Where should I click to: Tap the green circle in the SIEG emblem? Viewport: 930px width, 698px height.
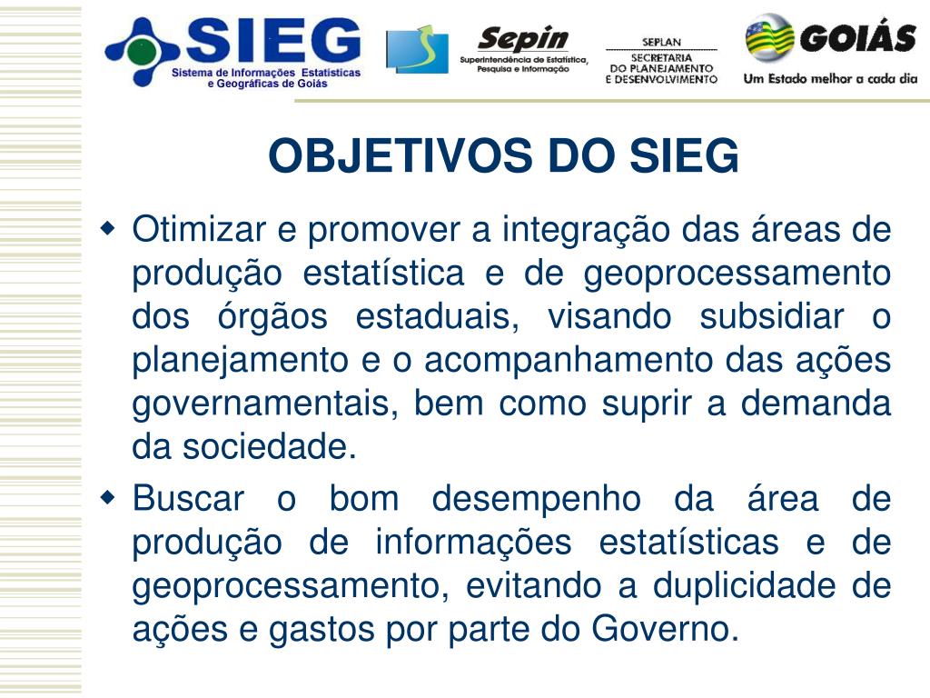(x=142, y=52)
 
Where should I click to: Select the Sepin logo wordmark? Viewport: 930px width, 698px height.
(x=523, y=38)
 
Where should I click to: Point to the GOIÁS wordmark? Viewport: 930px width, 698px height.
(x=857, y=39)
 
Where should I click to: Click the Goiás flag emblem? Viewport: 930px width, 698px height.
(x=770, y=37)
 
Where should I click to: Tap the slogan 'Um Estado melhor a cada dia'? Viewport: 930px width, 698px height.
(x=830, y=78)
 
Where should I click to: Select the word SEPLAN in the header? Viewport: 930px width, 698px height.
(x=661, y=43)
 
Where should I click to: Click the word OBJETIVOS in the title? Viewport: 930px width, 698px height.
(x=400, y=156)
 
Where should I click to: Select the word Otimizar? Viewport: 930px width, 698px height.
(x=200, y=230)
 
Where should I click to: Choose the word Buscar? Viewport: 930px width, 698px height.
(x=188, y=499)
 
